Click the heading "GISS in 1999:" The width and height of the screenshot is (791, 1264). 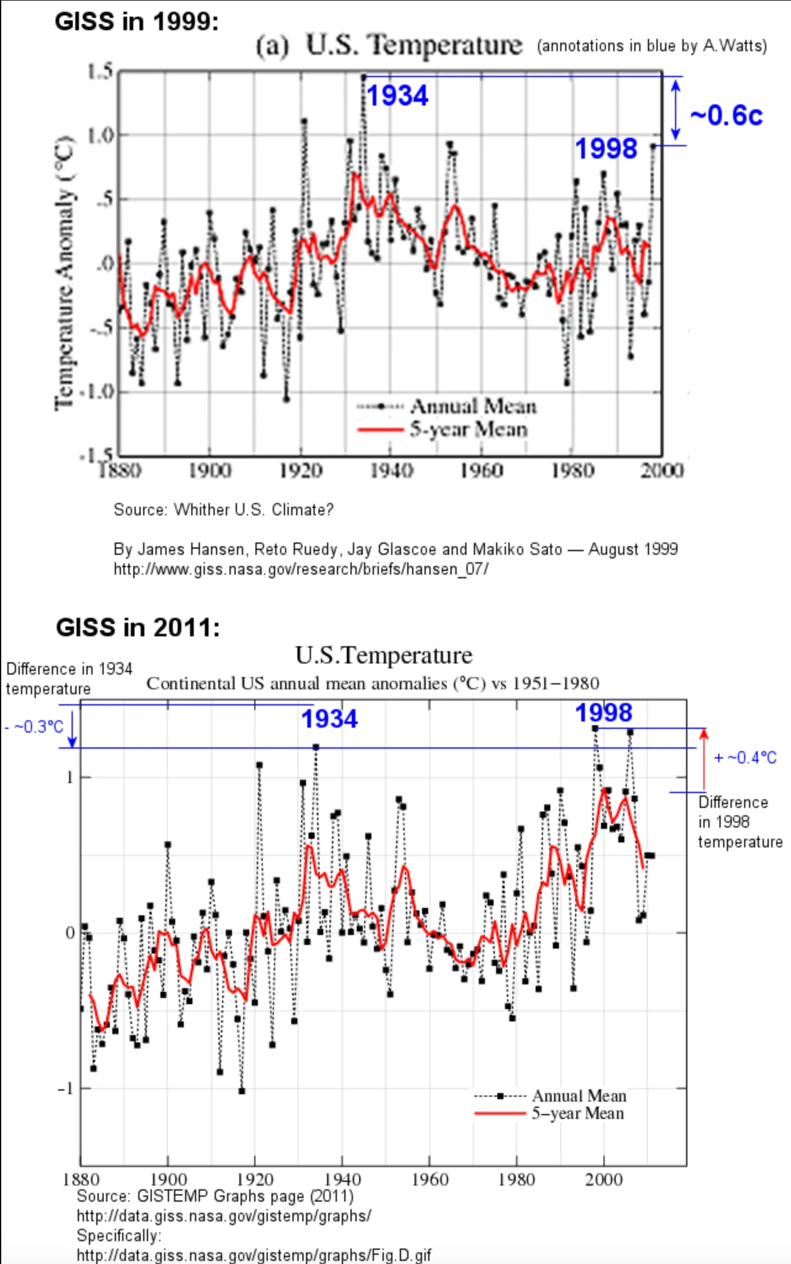pos(136,22)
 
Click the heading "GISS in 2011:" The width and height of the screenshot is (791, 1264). pos(138,628)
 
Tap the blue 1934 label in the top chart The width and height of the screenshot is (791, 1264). pos(397,96)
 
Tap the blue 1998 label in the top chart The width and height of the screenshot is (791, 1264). pos(606,149)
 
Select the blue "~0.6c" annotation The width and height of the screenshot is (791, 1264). pos(726,115)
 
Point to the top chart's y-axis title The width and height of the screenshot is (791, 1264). pos(65,272)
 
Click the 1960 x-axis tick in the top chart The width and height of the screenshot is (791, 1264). pos(481,471)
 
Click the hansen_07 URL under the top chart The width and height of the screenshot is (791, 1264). pos(300,569)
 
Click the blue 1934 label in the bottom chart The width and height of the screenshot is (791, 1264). pos(329,719)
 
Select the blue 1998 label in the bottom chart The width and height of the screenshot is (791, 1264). pos(603,713)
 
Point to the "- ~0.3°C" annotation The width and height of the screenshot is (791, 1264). pos(35,727)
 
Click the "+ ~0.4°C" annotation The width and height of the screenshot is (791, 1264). pos(745,758)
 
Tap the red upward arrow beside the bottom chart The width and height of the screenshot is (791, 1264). pos(704,759)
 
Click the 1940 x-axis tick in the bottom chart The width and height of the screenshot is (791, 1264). pos(342,1179)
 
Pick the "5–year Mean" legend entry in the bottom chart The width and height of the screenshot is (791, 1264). pos(578,1113)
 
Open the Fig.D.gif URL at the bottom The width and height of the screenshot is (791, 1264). pos(254,1255)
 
